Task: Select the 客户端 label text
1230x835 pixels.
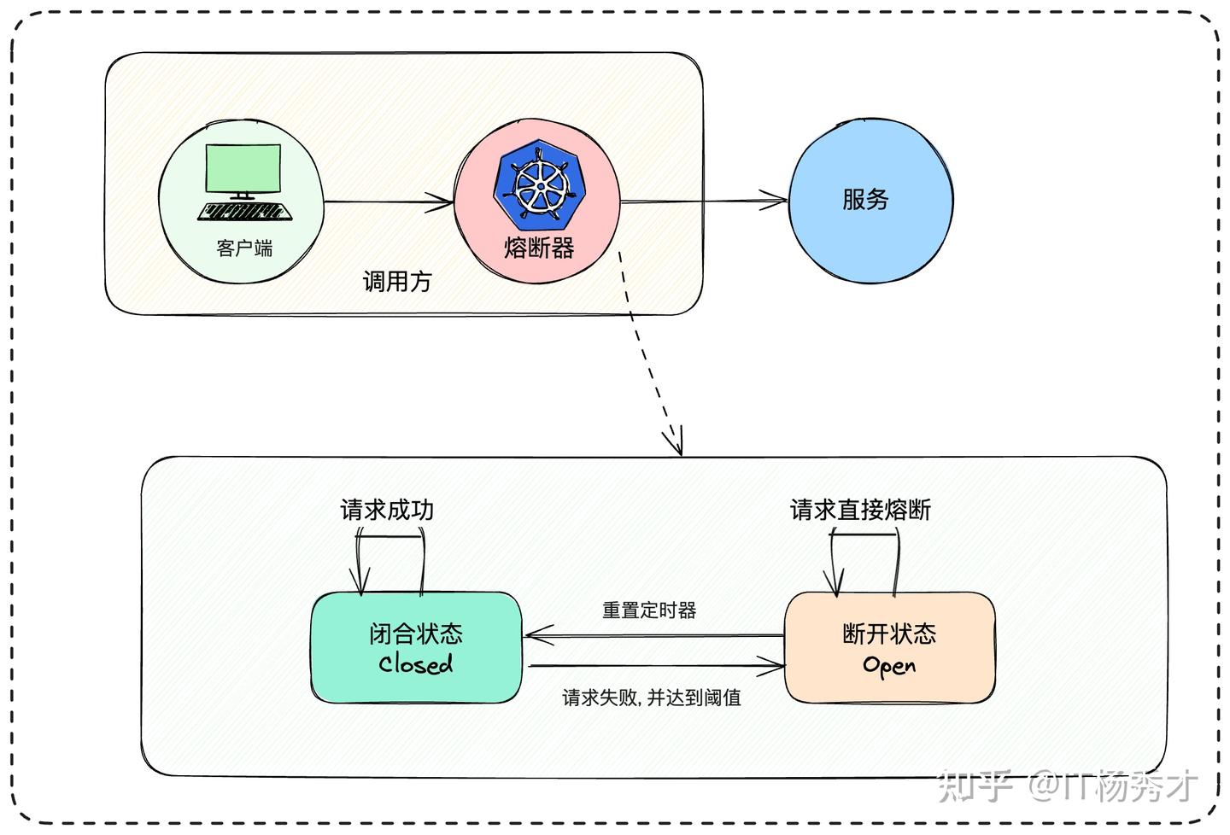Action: [x=244, y=248]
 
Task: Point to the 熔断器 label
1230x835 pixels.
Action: [x=539, y=248]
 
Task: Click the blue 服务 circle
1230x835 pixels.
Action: [x=870, y=201]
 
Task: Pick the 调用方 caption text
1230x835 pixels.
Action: [x=397, y=282]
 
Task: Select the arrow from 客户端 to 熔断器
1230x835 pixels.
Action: [x=389, y=202]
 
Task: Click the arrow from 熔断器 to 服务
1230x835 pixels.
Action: [x=703, y=201]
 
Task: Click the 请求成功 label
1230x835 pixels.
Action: [x=387, y=511]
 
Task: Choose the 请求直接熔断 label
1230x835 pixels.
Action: [x=860, y=511]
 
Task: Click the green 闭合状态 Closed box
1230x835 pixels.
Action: [x=416, y=648]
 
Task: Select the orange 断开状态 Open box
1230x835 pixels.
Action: [x=889, y=648]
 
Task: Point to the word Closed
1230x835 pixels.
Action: [x=416, y=664]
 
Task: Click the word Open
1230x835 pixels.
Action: [x=889, y=665]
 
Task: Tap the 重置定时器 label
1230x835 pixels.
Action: [x=649, y=610]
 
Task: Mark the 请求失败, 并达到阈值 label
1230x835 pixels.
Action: [x=652, y=698]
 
